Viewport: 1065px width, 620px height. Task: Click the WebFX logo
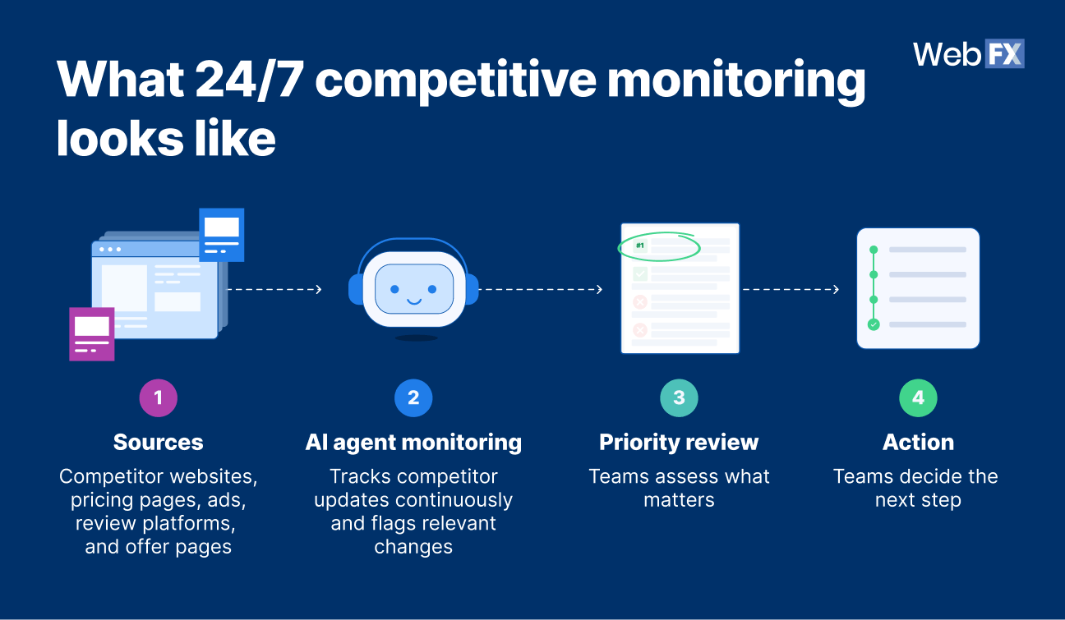[968, 53]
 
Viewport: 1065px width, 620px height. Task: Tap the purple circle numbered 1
[158, 398]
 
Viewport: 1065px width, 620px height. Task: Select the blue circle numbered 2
[413, 398]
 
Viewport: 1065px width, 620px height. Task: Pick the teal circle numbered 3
[679, 398]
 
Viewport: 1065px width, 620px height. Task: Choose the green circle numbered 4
[918, 398]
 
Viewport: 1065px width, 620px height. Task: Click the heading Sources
[158, 442]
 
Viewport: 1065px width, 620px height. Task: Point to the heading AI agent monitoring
[413, 442]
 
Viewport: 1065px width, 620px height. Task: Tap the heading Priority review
[679, 442]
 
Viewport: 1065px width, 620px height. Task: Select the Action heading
[918, 442]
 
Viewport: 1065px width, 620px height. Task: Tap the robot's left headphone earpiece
[355, 289]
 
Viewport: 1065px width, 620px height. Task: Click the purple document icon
[92, 333]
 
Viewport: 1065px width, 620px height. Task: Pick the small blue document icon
[221, 234]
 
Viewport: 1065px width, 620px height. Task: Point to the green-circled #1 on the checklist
[641, 245]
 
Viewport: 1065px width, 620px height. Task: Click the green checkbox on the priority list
[639, 274]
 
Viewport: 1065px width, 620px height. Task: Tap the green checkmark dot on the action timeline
[874, 324]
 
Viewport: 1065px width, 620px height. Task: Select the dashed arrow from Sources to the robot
[274, 289]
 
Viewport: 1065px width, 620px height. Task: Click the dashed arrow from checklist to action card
[791, 289]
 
